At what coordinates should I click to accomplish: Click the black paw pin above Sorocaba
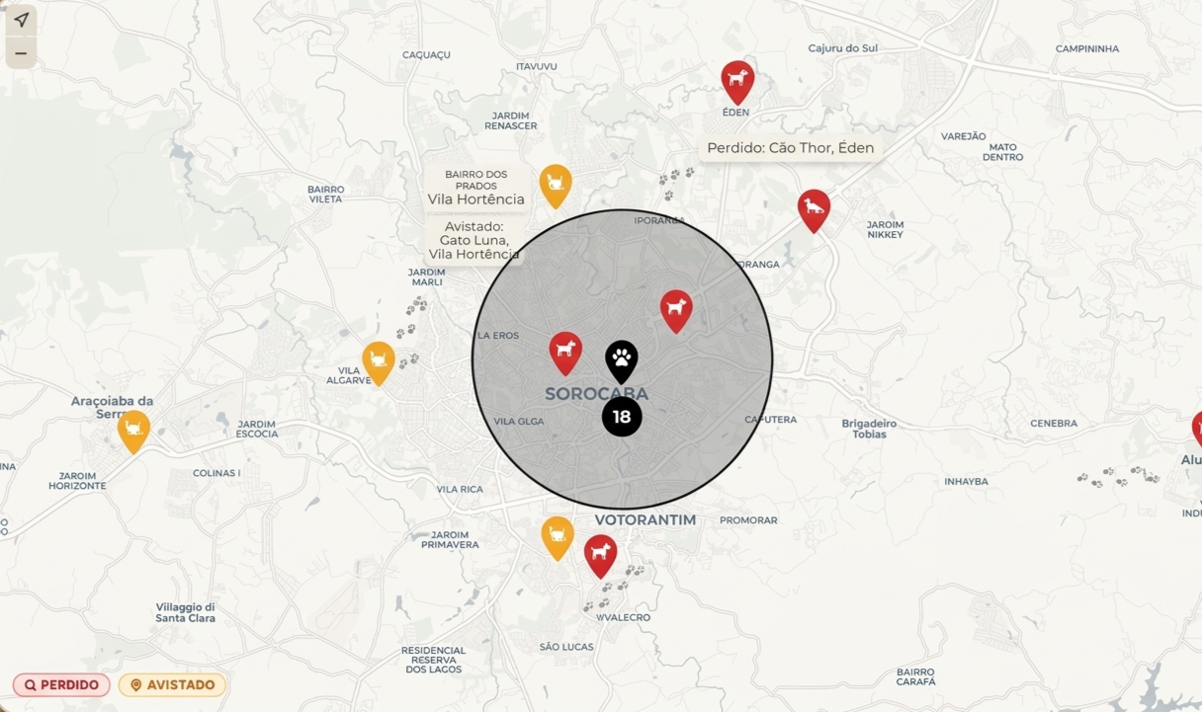pyautogui.click(x=622, y=360)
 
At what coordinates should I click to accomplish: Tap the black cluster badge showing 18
pyautogui.click(x=622, y=417)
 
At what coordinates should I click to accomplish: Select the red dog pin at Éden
pyautogui.click(x=737, y=80)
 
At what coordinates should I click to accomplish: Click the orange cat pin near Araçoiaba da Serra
pyautogui.click(x=133, y=430)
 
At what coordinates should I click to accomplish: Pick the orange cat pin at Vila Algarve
pyautogui.click(x=379, y=361)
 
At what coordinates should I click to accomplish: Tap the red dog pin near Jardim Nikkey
pyautogui.click(x=814, y=209)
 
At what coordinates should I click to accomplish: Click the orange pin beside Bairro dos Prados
pyautogui.click(x=556, y=185)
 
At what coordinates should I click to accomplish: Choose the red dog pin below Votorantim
pyautogui.click(x=600, y=555)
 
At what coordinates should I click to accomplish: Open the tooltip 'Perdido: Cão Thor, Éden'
pyautogui.click(x=790, y=148)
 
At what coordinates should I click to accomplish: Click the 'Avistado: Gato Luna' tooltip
pyautogui.click(x=474, y=240)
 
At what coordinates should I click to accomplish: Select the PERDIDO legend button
pyautogui.click(x=61, y=684)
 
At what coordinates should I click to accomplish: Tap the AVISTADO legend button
pyautogui.click(x=172, y=684)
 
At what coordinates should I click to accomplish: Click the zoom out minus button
pyautogui.click(x=21, y=53)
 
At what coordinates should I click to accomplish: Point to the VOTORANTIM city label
pyautogui.click(x=645, y=519)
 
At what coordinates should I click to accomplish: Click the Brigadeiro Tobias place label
pyautogui.click(x=869, y=429)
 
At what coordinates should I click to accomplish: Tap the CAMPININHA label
pyautogui.click(x=1086, y=48)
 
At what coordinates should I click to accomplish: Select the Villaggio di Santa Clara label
pyautogui.click(x=185, y=612)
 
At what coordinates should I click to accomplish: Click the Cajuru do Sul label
pyautogui.click(x=842, y=48)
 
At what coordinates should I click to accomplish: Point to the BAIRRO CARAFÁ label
pyautogui.click(x=915, y=676)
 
